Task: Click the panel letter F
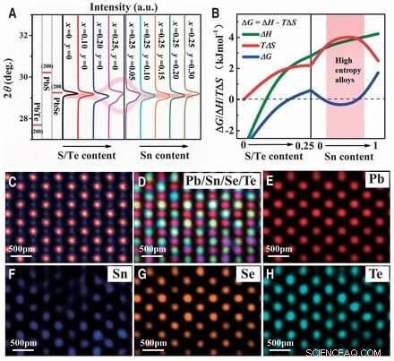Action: (x=13, y=266)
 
